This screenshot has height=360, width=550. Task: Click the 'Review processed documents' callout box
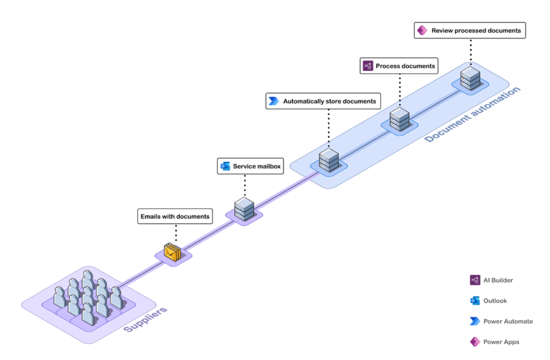(x=469, y=31)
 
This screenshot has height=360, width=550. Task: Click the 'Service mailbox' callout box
(x=250, y=167)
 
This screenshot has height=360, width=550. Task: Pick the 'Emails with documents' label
(x=175, y=217)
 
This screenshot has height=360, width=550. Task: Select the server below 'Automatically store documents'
(x=327, y=160)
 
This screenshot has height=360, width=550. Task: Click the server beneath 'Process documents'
(x=399, y=119)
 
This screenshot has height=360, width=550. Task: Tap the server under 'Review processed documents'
(x=469, y=78)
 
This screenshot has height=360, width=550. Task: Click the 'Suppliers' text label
(x=146, y=320)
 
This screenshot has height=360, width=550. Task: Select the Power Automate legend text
(x=508, y=321)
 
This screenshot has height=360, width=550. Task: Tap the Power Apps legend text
(x=501, y=342)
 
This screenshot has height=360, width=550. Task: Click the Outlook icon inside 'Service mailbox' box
(x=226, y=167)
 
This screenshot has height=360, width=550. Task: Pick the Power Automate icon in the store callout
(x=274, y=101)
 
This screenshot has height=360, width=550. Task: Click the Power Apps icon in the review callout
(x=423, y=31)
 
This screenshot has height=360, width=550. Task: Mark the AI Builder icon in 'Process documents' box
(x=368, y=66)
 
